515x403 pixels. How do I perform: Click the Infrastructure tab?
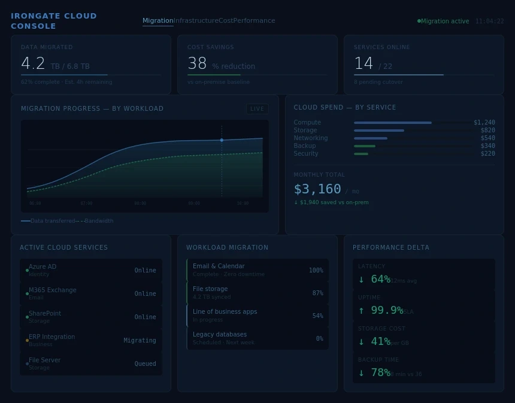(196, 21)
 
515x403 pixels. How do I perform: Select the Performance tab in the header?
(255, 21)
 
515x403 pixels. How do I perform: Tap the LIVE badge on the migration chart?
(257, 109)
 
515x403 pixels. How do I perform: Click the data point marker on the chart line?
(222, 140)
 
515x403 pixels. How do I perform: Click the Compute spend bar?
(392, 123)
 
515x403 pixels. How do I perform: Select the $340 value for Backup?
(487, 146)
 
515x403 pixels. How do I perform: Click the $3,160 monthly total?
(317, 189)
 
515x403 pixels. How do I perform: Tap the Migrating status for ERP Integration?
(140, 340)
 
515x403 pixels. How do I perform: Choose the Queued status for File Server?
(145, 363)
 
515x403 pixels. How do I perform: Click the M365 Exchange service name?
(53, 290)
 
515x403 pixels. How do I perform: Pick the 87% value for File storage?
(317, 293)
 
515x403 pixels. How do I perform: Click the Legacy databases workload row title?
(220, 335)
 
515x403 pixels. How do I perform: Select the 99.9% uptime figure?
(386, 310)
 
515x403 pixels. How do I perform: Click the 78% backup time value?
(380, 372)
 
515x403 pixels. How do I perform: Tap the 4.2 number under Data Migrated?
(33, 63)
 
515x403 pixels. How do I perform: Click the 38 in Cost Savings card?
(197, 63)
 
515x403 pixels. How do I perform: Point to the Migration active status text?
(445, 22)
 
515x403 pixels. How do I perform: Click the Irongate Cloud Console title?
(53, 21)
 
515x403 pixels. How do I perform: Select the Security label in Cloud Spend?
(306, 154)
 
